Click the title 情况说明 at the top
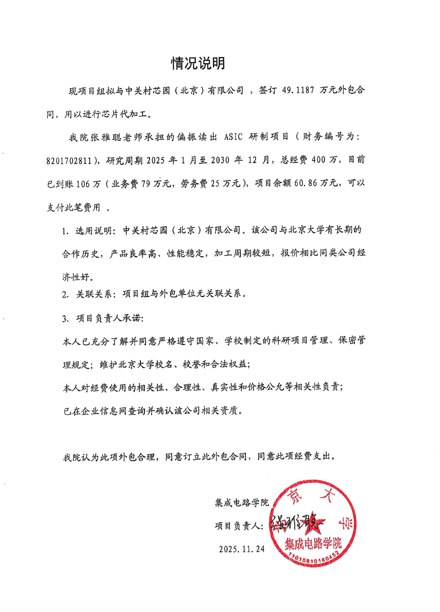198,63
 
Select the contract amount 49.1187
298,90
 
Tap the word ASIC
233,137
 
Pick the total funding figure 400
318,160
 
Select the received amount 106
83,184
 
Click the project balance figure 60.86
306,183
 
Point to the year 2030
220,160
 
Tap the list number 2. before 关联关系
66,295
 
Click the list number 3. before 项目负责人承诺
66,319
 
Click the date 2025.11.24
242,549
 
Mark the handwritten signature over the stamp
297,523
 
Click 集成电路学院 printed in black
242,502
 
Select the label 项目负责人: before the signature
239,526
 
